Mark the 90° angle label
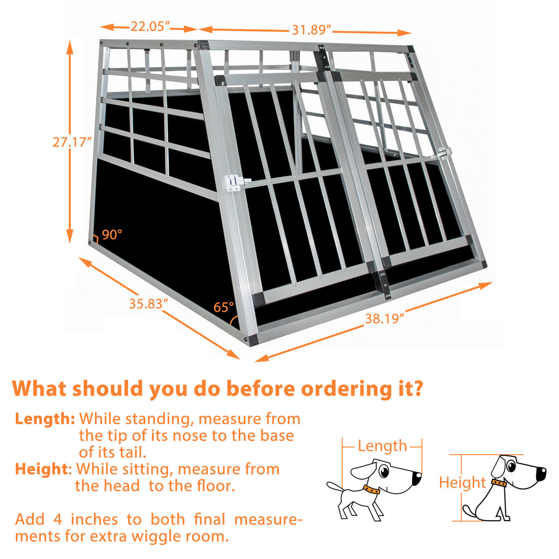tap(112, 235)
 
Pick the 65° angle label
tap(223, 307)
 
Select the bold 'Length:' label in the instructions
tap(45, 419)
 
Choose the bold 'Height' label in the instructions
tap(43, 469)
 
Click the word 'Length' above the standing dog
tap(382, 446)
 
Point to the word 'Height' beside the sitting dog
tap(462, 483)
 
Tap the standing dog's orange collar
tap(371, 490)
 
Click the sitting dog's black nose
tap(542, 473)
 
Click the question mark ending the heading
tap(417, 389)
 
